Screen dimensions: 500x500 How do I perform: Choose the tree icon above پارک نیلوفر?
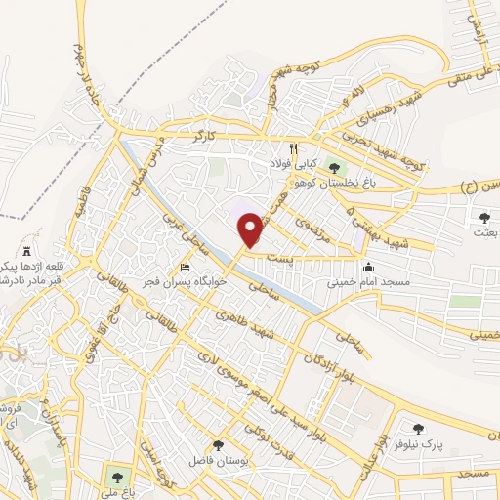pyautogui.click(x=418, y=429)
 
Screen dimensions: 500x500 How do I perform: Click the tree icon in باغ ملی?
pyautogui.click(x=117, y=478)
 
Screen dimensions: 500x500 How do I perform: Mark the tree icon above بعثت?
pyautogui.click(x=485, y=217)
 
